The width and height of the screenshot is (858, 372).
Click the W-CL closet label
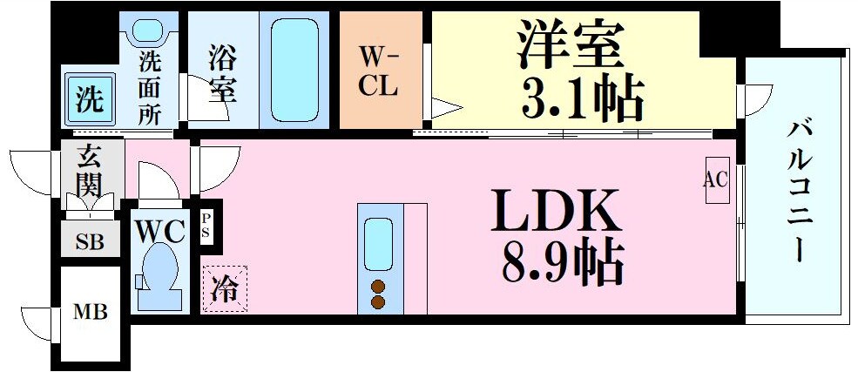[380, 71]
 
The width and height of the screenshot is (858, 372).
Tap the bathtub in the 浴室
[299, 68]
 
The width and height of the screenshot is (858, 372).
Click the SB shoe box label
[90, 241]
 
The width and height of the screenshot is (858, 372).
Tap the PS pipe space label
[207, 226]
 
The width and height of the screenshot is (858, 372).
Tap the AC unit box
[716, 181]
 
